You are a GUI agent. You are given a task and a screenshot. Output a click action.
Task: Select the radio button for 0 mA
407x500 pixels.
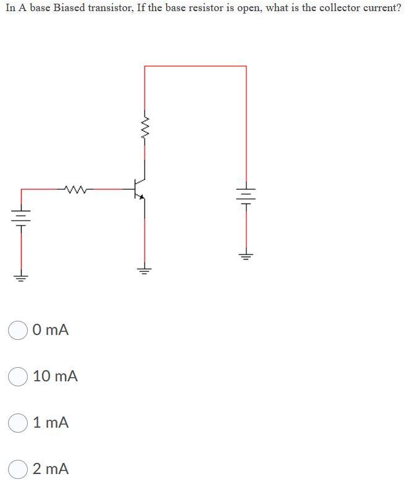[x=18, y=330]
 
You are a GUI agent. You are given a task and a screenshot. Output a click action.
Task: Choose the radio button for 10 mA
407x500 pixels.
[x=18, y=376]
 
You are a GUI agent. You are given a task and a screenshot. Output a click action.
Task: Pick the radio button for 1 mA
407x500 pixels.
[x=18, y=423]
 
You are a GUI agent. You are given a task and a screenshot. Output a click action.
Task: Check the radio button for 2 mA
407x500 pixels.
[x=18, y=469]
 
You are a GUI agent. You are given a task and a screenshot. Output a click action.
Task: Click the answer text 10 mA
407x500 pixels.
[x=56, y=376]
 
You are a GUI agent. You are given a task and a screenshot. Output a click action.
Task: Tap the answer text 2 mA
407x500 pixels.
[x=51, y=469]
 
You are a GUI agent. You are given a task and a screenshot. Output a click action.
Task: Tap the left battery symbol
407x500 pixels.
[x=21, y=217]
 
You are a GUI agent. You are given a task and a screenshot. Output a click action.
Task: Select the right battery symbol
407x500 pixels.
[x=246, y=195]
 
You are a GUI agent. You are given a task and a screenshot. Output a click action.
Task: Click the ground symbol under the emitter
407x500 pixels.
[x=145, y=269]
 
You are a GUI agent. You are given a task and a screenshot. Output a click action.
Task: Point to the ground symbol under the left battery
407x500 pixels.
[x=21, y=276]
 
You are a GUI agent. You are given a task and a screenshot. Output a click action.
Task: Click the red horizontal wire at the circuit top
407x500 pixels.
[x=195, y=66]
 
